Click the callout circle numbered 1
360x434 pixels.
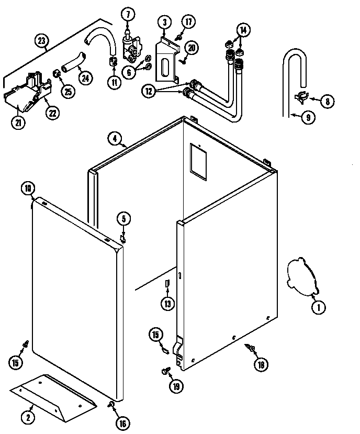317,307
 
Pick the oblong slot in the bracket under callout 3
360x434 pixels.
164,68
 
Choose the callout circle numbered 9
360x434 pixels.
308,118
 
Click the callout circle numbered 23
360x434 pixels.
42,40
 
